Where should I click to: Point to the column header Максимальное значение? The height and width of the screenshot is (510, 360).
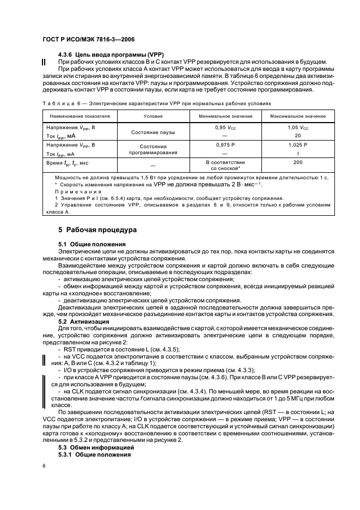click(x=297, y=116)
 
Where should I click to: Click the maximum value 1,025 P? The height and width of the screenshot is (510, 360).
click(x=297, y=145)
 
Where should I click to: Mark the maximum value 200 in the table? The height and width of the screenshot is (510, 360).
click(x=297, y=162)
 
